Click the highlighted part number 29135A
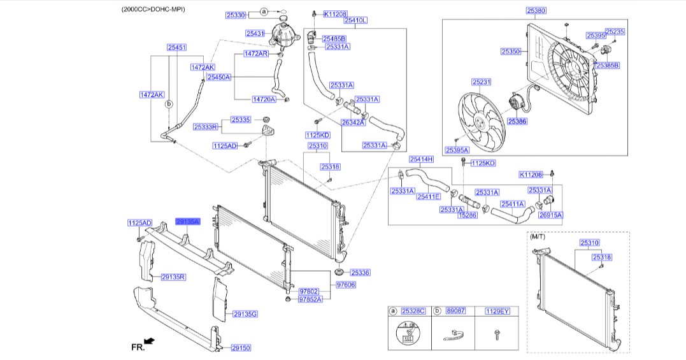188,222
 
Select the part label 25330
236,13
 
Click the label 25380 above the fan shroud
536,11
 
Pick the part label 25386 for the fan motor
517,120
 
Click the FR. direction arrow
149,343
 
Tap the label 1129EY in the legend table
497,311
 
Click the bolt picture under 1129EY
497,333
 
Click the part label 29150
241,348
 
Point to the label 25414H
421,159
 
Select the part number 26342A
352,122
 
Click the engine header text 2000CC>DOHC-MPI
158,10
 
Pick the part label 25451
177,47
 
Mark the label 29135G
245,313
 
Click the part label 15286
468,216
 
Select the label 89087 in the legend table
455,311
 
